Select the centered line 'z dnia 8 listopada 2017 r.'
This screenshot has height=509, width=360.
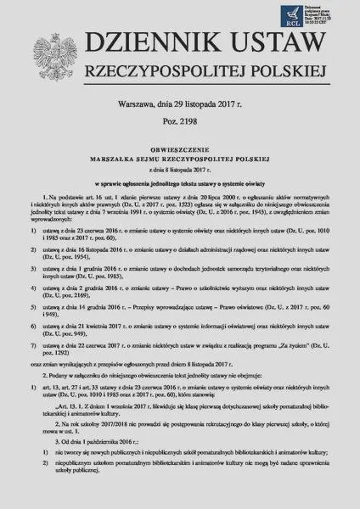click(180, 191)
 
